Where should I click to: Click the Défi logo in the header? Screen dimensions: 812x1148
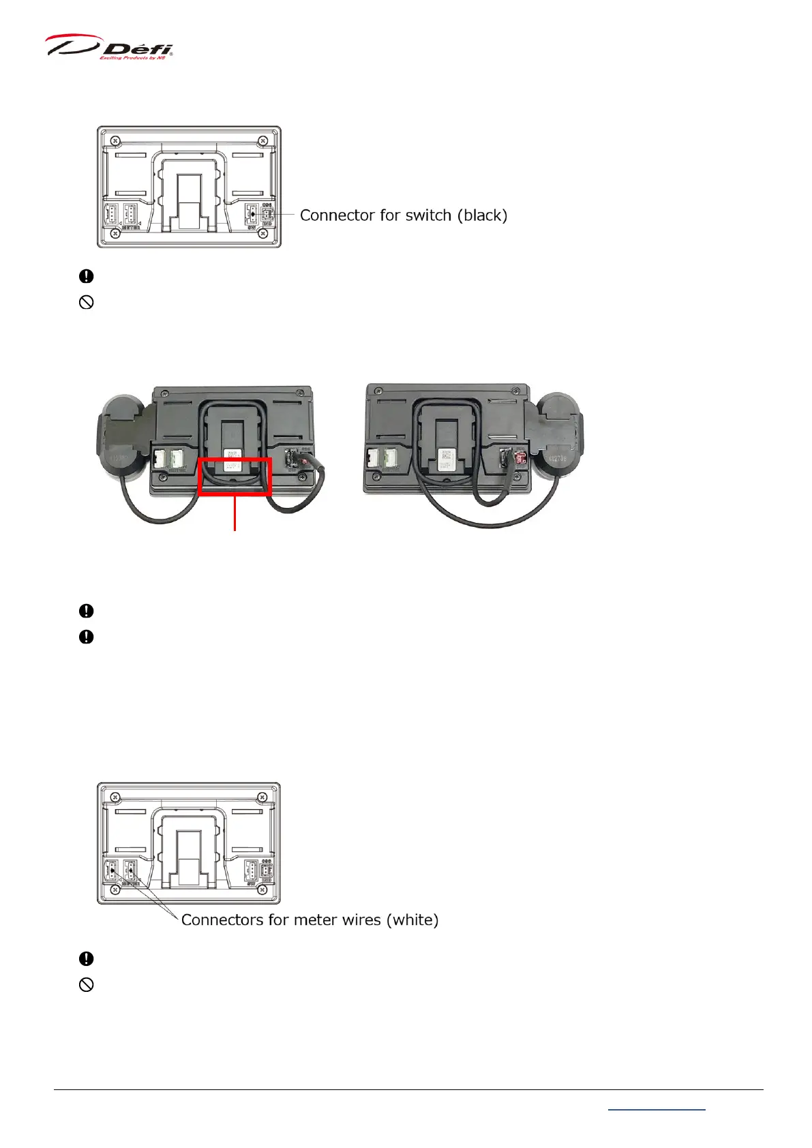click(x=109, y=47)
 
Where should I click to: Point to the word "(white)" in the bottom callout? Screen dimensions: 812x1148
click(x=412, y=920)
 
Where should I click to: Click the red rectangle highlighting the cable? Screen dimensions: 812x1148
click(x=235, y=477)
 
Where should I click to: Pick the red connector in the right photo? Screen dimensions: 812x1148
click(x=521, y=457)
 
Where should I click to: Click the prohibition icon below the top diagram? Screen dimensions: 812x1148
click(x=87, y=302)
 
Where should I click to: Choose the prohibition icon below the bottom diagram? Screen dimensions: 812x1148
click(x=87, y=984)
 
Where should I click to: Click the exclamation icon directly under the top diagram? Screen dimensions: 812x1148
click(x=87, y=276)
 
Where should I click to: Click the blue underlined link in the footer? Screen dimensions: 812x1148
click(x=656, y=1110)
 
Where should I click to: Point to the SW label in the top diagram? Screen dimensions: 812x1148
click(x=252, y=228)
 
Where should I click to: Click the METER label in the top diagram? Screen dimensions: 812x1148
click(x=132, y=228)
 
